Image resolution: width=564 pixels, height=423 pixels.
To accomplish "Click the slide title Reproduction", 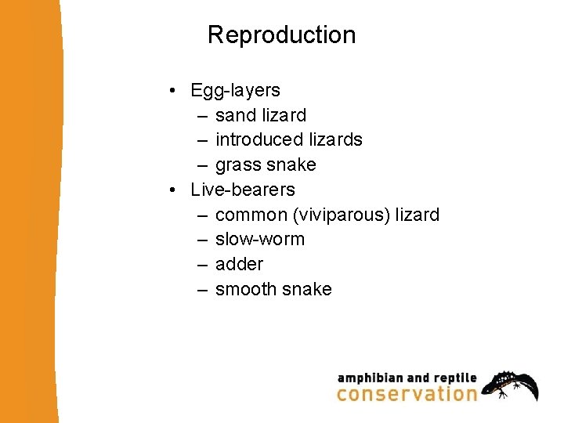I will click(x=281, y=35).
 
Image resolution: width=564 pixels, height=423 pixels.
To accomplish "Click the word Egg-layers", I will click(x=235, y=91).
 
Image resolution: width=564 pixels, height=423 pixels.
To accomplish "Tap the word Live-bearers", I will click(x=243, y=190).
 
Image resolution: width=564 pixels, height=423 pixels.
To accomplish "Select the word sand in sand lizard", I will click(x=236, y=116).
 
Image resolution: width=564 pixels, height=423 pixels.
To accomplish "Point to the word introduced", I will click(x=259, y=140).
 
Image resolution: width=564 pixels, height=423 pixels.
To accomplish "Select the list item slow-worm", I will click(x=259, y=240).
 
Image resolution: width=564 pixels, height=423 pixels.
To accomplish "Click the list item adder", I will click(x=239, y=265).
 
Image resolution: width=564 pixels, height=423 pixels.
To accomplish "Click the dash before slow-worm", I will click(x=203, y=240).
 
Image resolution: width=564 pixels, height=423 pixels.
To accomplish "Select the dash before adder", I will click(x=203, y=265).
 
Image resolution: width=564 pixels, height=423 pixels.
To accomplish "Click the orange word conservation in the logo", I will click(x=407, y=393).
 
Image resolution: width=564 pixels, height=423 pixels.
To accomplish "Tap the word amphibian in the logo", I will click(x=369, y=378).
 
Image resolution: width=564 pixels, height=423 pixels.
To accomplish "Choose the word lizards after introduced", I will click(x=335, y=140).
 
